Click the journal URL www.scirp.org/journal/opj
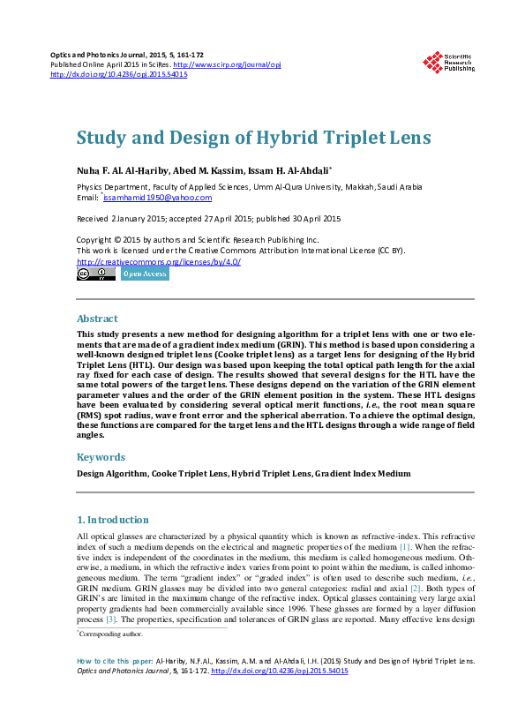[227, 64]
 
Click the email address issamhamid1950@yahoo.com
[151, 198]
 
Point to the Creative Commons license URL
[159, 261]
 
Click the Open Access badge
[144, 274]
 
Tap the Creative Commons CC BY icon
[95, 274]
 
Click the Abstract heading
[97, 319]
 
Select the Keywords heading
[101, 457]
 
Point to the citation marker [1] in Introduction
[405, 547]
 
